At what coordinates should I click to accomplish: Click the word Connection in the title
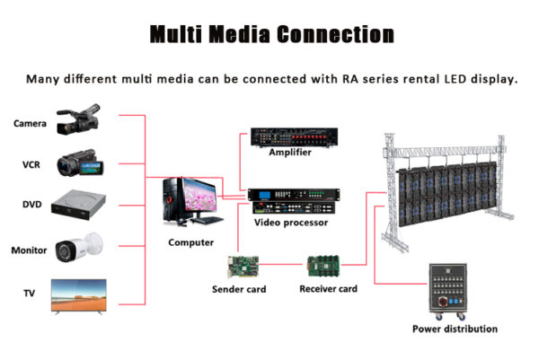pos(335,34)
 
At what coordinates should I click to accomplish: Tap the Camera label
pos(30,123)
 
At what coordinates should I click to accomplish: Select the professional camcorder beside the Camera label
pos(78,119)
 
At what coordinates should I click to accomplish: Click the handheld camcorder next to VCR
pos(80,163)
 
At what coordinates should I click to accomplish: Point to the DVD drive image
pos(79,205)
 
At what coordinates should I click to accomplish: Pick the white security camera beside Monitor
pos(79,247)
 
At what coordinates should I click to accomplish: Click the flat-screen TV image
pos(79,297)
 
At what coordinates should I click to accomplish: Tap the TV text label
pos(30,294)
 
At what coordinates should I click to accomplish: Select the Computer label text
pos(191,242)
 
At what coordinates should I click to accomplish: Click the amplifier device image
pos(295,137)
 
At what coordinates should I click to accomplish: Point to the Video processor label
pos(291,223)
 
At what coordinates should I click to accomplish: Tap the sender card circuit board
pos(243,267)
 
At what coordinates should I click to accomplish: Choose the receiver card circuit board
pos(323,266)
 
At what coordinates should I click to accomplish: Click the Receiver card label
pos(328,289)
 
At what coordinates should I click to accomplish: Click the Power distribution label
pos(455,329)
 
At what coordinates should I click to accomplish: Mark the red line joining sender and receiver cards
pos(280,265)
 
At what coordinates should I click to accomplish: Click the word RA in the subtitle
pos(350,79)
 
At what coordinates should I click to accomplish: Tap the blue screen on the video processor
pos(265,195)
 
